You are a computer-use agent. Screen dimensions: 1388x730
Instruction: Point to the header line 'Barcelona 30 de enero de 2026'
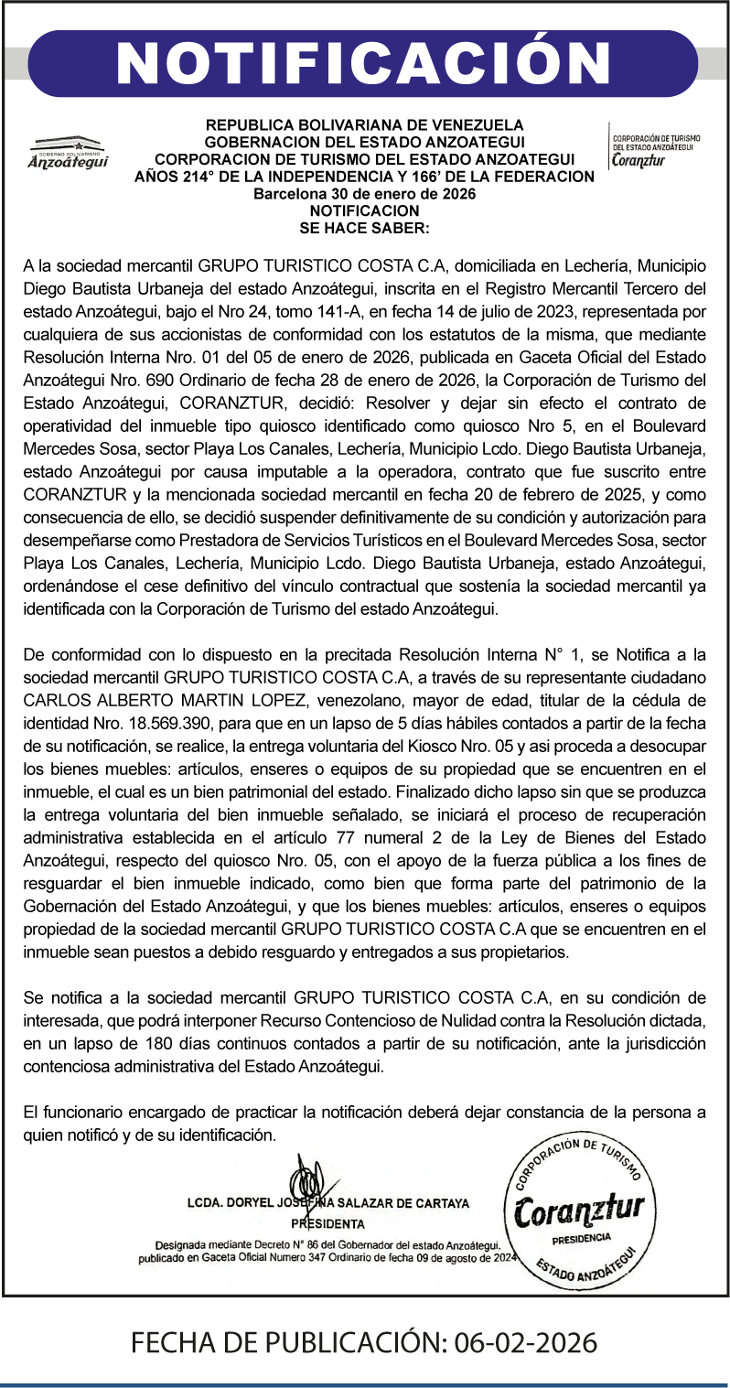pos(364,194)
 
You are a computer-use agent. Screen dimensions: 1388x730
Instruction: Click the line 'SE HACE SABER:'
pos(364,224)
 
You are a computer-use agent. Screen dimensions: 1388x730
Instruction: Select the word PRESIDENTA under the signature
pos(327,1223)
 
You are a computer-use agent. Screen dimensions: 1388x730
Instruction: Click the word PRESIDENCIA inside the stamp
pos(581,1237)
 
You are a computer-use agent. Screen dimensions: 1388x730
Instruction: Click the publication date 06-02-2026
pos(521,1343)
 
